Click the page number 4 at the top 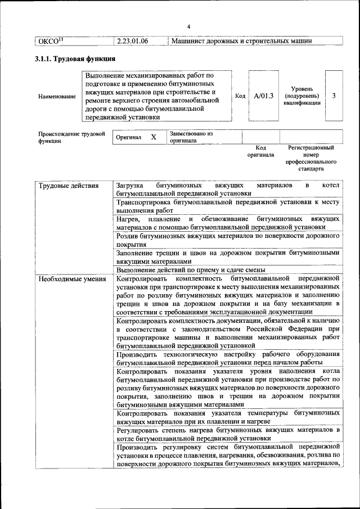(x=189, y=27)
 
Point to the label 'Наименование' (x=57, y=96)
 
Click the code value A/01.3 (x=263, y=96)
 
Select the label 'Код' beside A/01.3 (x=240, y=96)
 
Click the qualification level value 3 (x=334, y=96)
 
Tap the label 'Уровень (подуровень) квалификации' (x=306, y=96)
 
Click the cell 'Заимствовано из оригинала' (x=191, y=137)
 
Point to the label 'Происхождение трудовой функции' (x=71, y=137)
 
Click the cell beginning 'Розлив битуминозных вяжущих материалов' (x=227, y=241)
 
